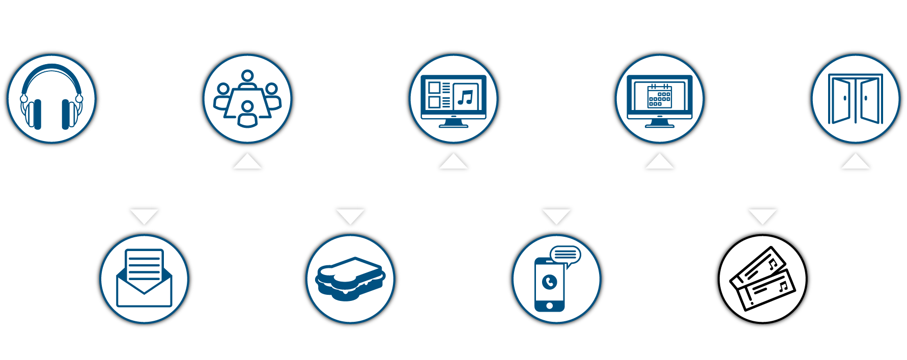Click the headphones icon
point(51,98)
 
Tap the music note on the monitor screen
point(465,97)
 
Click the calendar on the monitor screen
point(659,96)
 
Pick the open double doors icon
point(856,99)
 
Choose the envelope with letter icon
point(145,279)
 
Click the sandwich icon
point(350,279)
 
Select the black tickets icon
point(762,279)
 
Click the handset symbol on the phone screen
point(550,282)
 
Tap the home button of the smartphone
point(549,306)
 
